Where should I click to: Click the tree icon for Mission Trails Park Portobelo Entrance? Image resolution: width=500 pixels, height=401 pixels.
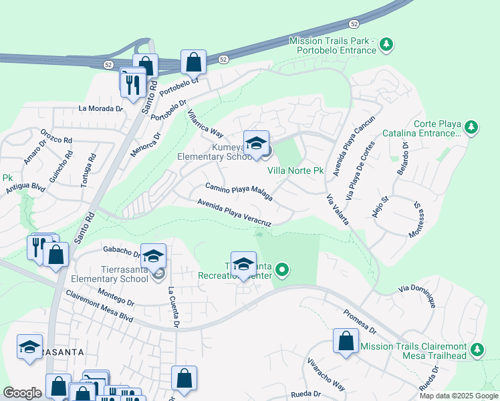(x=386, y=45)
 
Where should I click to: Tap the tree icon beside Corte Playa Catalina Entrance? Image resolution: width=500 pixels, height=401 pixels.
(x=471, y=127)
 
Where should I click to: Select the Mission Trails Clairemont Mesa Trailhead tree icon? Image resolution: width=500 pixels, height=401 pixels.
(x=477, y=350)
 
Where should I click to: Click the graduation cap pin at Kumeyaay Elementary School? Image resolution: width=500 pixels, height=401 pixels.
(x=255, y=144)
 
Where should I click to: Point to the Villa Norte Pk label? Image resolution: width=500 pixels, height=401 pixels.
(x=295, y=171)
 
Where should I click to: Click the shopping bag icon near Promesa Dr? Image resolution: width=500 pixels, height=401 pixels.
(x=346, y=341)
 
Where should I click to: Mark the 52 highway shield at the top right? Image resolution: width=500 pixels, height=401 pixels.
(x=354, y=24)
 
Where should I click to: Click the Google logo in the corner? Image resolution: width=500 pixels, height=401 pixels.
(x=22, y=392)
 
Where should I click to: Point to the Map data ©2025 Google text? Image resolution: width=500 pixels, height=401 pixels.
(x=458, y=396)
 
